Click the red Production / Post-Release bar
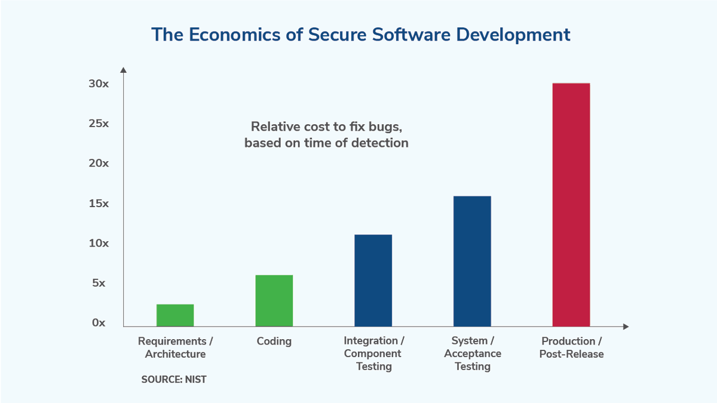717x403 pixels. (571, 205)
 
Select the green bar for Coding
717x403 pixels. (274, 301)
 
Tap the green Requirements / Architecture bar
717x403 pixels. (175, 315)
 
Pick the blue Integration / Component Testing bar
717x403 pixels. (373, 281)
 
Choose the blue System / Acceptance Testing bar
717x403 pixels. (472, 261)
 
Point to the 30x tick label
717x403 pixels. (99, 84)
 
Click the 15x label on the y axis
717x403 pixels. (99, 204)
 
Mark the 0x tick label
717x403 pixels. (99, 323)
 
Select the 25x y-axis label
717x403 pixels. (99, 124)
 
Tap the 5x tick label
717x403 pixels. (99, 283)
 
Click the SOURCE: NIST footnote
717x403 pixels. (174, 380)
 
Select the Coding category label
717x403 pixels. (274, 342)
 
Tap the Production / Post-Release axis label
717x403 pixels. (571, 347)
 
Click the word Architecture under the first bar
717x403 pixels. (175, 354)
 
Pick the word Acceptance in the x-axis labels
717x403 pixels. (473, 353)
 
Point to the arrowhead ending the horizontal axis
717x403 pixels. (626, 327)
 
